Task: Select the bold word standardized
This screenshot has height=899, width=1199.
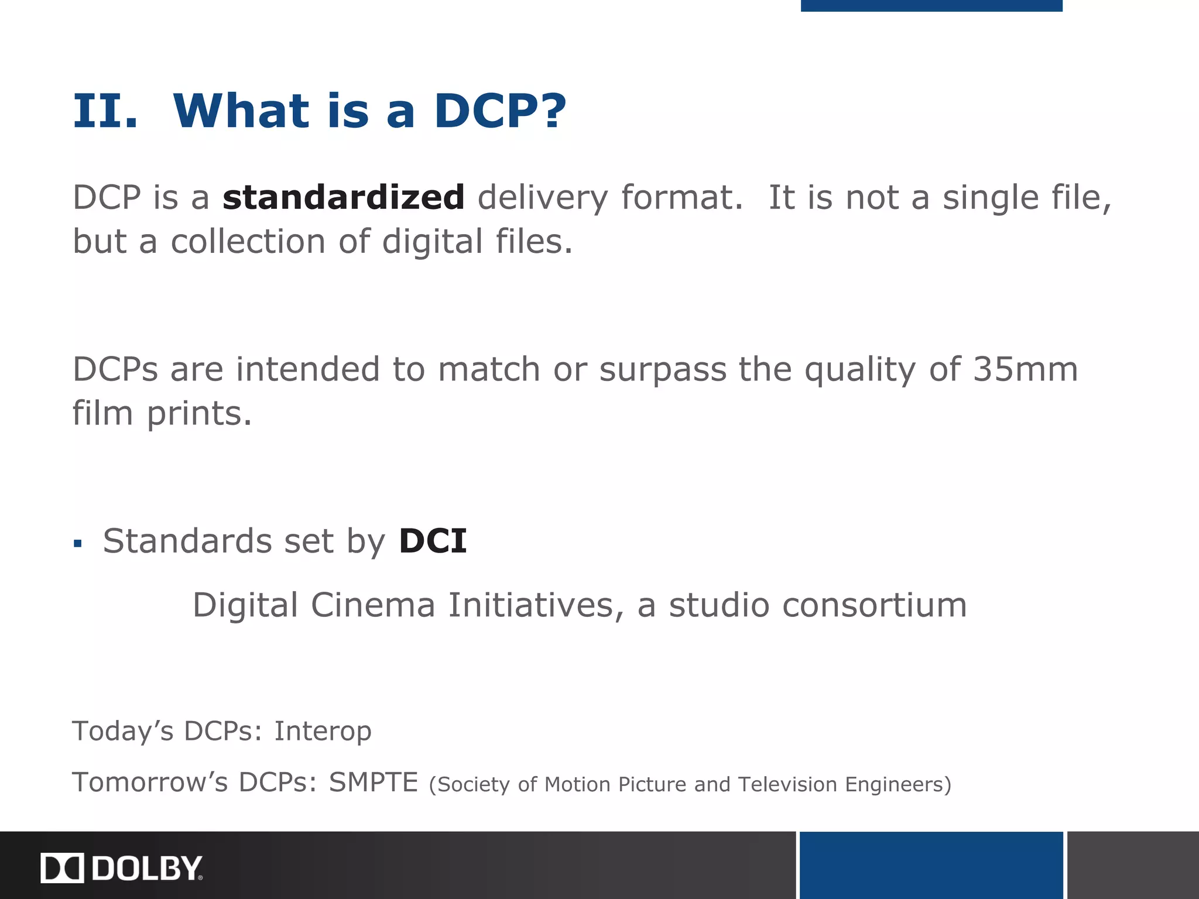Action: [344, 197]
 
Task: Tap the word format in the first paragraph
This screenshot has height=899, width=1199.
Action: [681, 197]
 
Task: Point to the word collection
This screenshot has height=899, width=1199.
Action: [248, 241]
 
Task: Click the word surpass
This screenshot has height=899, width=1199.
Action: [663, 369]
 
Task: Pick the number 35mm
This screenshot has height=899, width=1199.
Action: [1025, 369]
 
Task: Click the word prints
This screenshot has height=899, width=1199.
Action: [199, 414]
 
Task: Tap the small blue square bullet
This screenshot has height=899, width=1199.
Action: [78, 544]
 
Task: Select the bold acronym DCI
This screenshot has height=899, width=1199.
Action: [433, 540]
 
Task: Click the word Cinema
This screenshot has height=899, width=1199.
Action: [373, 605]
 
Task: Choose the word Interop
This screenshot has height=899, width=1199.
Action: [323, 731]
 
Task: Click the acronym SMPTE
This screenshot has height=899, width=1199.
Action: [373, 782]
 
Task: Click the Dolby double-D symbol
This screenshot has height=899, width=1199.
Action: [62, 868]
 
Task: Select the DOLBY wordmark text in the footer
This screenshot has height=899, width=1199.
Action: [147, 868]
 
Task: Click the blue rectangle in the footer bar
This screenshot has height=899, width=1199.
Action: [931, 865]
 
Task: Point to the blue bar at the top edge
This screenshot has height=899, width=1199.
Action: [931, 5]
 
